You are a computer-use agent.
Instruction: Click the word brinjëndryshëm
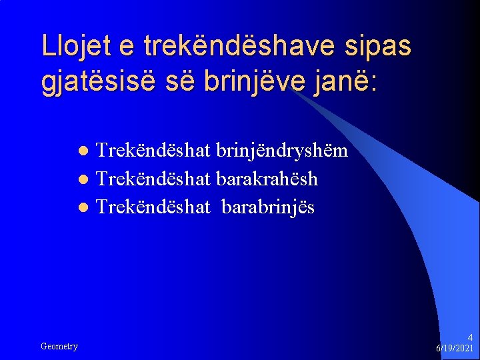click(x=282, y=151)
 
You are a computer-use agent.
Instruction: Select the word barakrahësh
click(x=267, y=179)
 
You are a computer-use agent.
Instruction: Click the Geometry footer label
click(x=59, y=346)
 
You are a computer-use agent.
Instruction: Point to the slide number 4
click(x=470, y=337)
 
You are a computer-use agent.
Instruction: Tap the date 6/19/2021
click(x=455, y=349)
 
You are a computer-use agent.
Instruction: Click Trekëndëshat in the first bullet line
click(x=153, y=151)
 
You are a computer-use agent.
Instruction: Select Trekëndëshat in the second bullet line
click(x=153, y=179)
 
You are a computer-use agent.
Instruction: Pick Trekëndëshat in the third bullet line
click(x=153, y=207)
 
